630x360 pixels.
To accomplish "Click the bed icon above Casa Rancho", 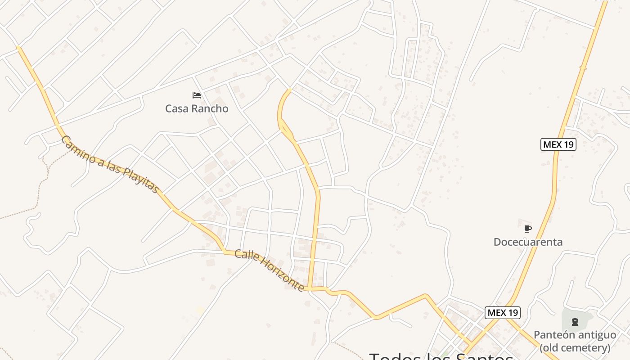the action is [197, 95].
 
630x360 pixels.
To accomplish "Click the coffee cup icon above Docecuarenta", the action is [528, 229].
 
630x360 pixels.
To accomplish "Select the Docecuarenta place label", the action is [528, 242].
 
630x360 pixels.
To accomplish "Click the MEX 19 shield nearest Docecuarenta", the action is [558, 144].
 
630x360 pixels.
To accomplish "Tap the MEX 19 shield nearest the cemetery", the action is [503, 312].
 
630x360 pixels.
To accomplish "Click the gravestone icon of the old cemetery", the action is [575, 321].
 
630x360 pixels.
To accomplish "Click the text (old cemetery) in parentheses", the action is [575, 348].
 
